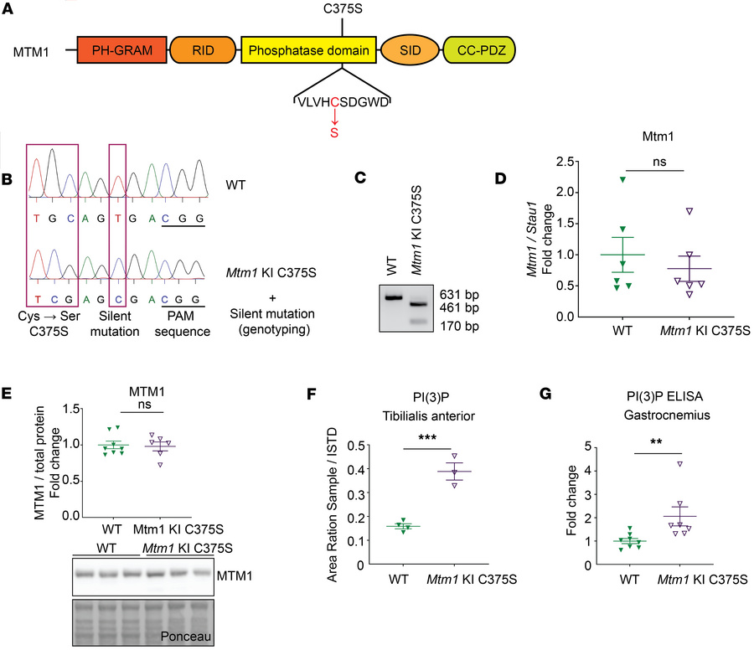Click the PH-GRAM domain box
click(123, 51)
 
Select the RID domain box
click(202, 51)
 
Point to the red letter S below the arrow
click(333, 132)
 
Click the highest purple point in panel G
click(680, 462)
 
